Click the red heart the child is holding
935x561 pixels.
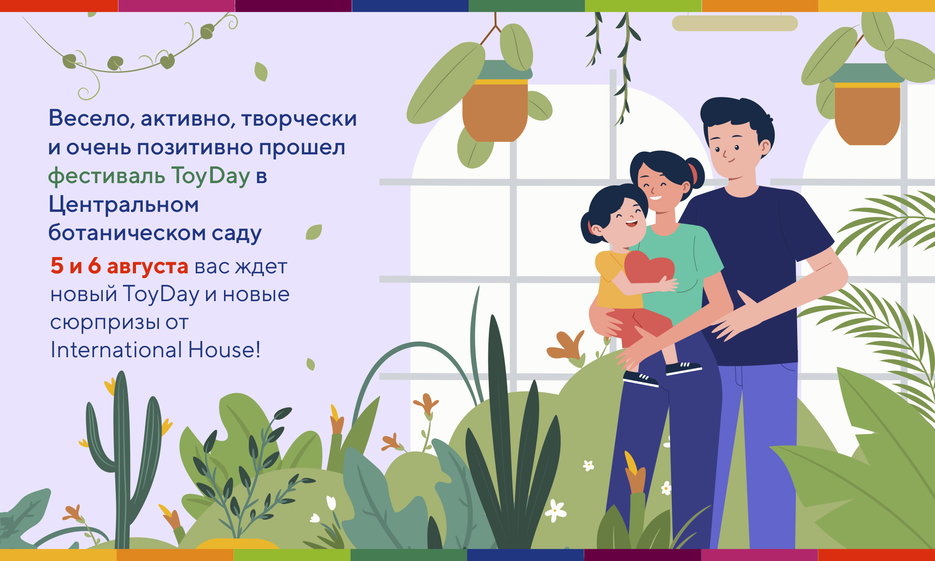(x=649, y=269)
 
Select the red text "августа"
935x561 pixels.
(x=147, y=267)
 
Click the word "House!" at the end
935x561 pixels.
(x=224, y=350)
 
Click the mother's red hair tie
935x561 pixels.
(x=694, y=173)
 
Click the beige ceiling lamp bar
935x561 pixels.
(x=735, y=23)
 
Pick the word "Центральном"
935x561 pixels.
(x=123, y=205)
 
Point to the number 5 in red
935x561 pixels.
(x=57, y=266)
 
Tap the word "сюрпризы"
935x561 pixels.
(x=105, y=323)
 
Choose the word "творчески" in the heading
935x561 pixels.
(x=299, y=118)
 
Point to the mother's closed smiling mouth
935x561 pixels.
(x=656, y=197)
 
